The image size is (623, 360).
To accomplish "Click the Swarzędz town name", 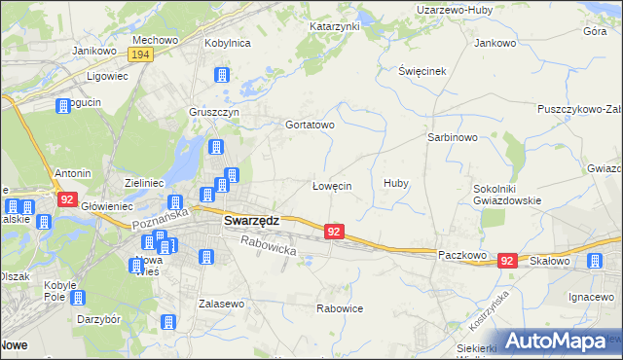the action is point(251,220).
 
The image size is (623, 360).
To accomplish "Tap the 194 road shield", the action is point(141,54).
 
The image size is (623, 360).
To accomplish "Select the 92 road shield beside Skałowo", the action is point(506,261).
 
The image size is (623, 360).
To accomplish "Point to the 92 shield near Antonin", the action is point(66,199).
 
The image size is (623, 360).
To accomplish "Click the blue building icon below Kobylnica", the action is point(222,75).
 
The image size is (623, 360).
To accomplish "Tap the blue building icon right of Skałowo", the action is point(594,260).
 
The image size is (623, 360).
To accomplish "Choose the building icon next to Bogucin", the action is point(64,106).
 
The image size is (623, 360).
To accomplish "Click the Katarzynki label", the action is point(335,26).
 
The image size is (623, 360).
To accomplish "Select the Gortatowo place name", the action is point(310,126).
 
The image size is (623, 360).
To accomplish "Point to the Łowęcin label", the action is point(331,185).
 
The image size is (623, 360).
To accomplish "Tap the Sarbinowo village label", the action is point(452,137).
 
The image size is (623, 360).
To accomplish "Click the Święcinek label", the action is point(421,72).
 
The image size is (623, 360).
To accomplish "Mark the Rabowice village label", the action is point(340,308).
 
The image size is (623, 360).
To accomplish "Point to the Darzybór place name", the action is point(98,318).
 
